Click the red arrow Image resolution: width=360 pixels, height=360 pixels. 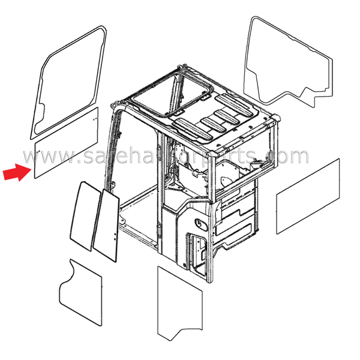17,172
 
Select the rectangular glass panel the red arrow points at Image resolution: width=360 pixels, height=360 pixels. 67,143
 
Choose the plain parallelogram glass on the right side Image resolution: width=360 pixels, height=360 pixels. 308,196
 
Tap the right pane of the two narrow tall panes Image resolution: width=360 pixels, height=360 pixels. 107,226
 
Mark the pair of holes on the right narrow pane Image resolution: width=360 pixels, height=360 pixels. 115,236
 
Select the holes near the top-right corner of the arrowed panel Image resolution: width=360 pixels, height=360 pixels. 94,119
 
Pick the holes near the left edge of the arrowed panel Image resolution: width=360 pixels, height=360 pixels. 38,151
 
